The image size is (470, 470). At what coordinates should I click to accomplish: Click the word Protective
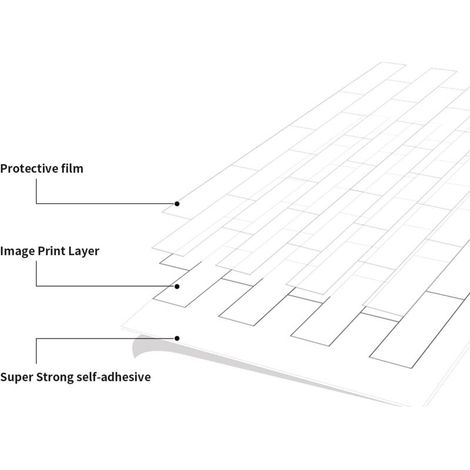pyautogui.click(x=29, y=169)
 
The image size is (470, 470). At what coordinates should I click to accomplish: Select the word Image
pyautogui.click(x=17, y=251)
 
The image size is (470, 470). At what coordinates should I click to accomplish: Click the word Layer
pyautogui.click(x=84, y=252)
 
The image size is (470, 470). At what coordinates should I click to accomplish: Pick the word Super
pyautogui.click(x=16, y=377)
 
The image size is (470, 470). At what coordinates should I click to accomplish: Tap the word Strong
pyautogui.click(x=54, y=377)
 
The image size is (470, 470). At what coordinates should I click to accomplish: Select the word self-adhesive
pyautogui.click(x=113, y=377)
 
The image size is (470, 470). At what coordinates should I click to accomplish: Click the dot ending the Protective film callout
pyautogui.click(x=177, y=204)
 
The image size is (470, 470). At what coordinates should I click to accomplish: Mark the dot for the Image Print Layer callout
pyautogui.click(x=177, y=286)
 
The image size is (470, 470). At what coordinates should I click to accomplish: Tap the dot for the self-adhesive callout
pyautogui.click(x=177, y=338)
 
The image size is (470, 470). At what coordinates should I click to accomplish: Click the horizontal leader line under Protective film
pyautogui.click(x=105, y=203)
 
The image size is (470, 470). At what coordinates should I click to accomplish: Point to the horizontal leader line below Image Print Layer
pyautogui.click(x=105, y=286)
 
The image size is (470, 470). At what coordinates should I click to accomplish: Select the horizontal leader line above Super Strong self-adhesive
pyautogui.click(x=105, y=338)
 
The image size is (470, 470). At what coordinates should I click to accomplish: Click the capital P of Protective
pyautogui.click(x=4, y=169)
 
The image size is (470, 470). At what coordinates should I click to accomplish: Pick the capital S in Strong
pyautogui.click(x=40, y=377)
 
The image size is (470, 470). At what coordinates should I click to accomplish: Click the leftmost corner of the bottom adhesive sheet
pyautogui.click(x=122, y=327)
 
